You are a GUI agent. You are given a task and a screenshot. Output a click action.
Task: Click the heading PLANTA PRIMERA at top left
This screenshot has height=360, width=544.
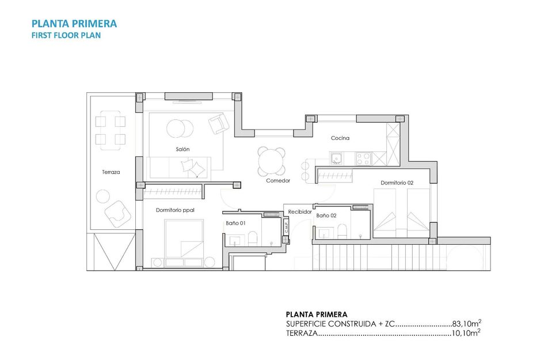coord(74,24)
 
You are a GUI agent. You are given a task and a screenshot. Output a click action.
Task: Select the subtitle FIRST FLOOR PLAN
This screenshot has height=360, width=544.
coord(66,35)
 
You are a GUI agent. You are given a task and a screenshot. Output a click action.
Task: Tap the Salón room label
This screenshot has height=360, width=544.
coord(183,149)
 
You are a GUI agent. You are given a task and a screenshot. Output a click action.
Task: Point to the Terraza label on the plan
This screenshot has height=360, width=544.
coord(111,172)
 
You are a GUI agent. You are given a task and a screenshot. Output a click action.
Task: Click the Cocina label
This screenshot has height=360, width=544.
coord(340,138)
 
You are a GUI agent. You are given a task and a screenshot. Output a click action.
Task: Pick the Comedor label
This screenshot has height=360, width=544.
coord(278,180)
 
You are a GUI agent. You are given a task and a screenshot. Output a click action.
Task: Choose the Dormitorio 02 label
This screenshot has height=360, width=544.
coord(397,183)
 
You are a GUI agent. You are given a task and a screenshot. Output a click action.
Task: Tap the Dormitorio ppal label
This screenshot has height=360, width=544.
coord(175,210)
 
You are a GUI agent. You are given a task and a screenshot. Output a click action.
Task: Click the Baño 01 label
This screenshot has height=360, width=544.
coord(235,223)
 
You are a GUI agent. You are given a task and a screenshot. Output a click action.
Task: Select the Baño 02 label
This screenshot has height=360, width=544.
coord(326,215)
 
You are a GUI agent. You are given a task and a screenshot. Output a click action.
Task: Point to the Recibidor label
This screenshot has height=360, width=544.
coord(300,212)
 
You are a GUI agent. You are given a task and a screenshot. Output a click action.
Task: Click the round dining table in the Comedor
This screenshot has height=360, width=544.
coord(272,162)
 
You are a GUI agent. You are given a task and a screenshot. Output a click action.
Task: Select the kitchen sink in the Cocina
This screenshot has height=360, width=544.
coord(336,157)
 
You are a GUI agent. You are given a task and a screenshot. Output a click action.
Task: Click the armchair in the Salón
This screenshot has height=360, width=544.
coord(219,124)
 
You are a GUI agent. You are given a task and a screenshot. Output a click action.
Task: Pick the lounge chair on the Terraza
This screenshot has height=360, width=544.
coord(118,214)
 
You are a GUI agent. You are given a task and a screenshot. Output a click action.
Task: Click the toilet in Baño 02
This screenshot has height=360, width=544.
coord(343,232)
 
